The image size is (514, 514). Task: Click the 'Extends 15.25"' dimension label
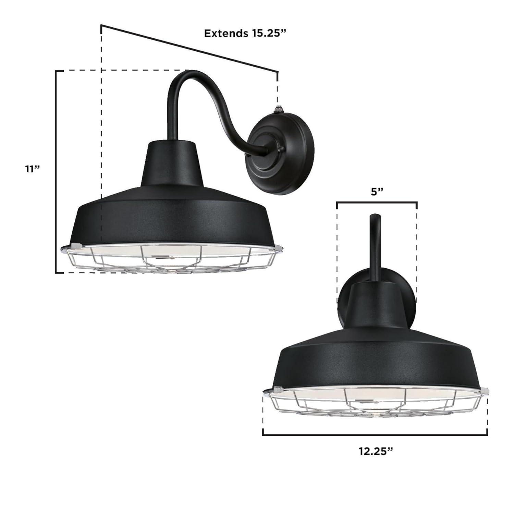(x=245, y=33)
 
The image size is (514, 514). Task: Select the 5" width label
(x=377, y=192)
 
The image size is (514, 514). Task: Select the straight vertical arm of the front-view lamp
(x=375, y=247)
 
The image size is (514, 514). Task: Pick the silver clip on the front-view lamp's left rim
(x=278, y=389)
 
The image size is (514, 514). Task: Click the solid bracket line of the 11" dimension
(x=56, y=171)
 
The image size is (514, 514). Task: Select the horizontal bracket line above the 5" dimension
(x=377, y=203)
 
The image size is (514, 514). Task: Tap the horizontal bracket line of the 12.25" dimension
(x=375, y=435)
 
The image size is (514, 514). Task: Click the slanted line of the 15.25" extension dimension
(x=188, y=48)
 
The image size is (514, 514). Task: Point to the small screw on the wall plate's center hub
(x=281, y=149)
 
